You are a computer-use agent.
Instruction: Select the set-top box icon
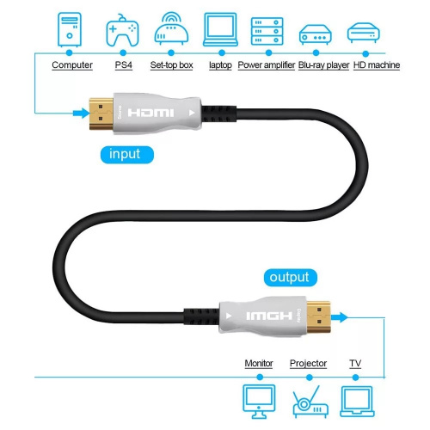(x=171, y=32)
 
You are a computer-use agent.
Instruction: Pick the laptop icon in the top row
(x=219, y=31)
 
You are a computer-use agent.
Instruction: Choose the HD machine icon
(x=364, y=33)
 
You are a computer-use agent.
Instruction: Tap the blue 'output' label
(x=288, y=278)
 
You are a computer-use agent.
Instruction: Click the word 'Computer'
(x=72, y=65)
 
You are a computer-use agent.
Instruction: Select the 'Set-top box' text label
(x=172, y=65)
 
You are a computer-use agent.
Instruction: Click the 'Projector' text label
(x=308, y=364)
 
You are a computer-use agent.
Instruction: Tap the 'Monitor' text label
(x=259, y=364)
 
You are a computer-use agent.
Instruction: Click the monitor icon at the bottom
(x=259, y=398)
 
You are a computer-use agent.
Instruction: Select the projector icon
(x=308, y=401)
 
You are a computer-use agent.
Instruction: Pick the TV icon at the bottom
(x=356, y=398)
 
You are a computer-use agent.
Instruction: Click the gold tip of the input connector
(x=101, y=113)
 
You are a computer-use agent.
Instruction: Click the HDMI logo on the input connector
(x=151, y=114)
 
